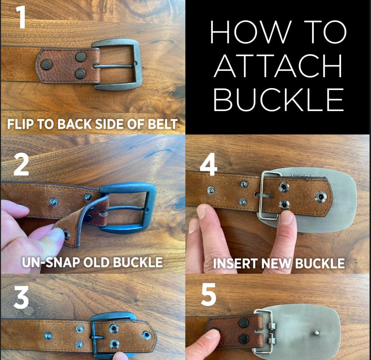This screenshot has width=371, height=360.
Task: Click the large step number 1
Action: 21,17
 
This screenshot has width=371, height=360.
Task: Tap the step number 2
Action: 21,165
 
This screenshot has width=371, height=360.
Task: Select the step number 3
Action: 21,297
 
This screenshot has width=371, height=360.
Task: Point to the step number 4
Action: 209,164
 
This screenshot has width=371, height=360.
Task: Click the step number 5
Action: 209,294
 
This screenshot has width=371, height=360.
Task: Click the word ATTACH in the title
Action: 278,66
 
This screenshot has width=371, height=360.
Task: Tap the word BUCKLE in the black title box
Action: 279,100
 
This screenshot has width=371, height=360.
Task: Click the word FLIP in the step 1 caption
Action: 21,124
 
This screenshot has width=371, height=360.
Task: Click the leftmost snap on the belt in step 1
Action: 47,65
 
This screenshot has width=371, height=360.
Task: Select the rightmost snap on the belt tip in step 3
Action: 147,335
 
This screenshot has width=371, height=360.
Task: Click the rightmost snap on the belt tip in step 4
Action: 321,196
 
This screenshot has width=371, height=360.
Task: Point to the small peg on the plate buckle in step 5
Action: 316,333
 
